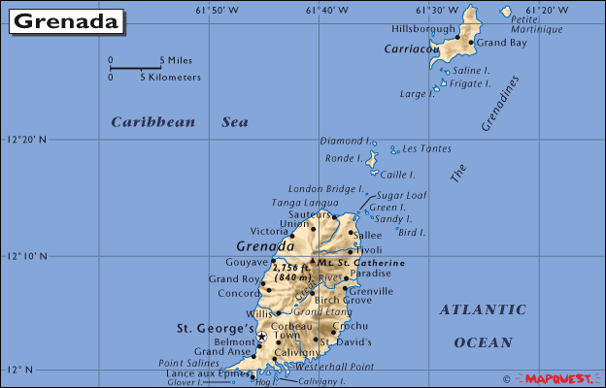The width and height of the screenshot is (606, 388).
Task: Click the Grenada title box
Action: [x=66, y=21]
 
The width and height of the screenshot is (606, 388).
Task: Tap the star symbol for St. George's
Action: [x=261, y=336]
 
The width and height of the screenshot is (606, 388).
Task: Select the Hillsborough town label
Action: [x=422, y=30]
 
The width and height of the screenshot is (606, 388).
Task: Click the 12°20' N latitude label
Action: [x=27, y=140]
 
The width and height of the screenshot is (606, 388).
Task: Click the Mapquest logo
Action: [x=559, y=378]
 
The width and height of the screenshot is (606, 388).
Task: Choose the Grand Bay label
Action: [x=501, y=43]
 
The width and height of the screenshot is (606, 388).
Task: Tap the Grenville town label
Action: [x=371, y=290]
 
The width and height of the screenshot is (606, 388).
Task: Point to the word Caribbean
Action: [x=152, y=122]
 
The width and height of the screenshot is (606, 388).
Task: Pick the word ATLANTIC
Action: [x=483, y=309]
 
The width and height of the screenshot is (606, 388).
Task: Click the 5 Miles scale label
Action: [x=175, y=60]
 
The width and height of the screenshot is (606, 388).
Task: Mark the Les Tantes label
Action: [x=426, y=148]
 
